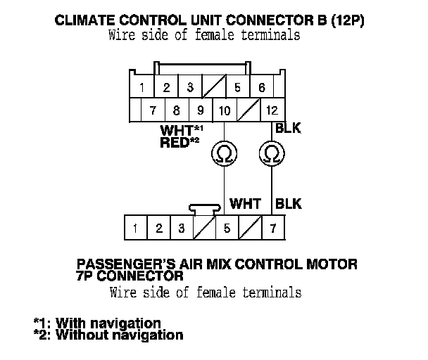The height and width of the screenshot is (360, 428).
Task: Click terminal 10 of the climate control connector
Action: tap(225, 110)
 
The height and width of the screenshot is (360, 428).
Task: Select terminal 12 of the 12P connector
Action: tap(272, 110)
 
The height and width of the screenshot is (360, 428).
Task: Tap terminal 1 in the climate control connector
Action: tap(142, 88)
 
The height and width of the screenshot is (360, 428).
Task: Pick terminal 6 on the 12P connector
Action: tap(261, 88)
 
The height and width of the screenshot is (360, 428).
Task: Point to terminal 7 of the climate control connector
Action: tap(153, 110)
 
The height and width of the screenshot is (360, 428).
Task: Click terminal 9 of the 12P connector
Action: tap(201, 110)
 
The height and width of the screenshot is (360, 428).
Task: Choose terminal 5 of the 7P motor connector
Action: tap(227, 228)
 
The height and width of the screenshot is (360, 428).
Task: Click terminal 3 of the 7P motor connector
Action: tap(181, 228)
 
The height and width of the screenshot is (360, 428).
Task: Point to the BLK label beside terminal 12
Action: tap(289, 129)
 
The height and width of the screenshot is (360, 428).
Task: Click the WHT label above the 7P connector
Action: tap(246, 204)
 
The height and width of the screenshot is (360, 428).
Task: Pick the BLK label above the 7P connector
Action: tap(289, 204)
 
